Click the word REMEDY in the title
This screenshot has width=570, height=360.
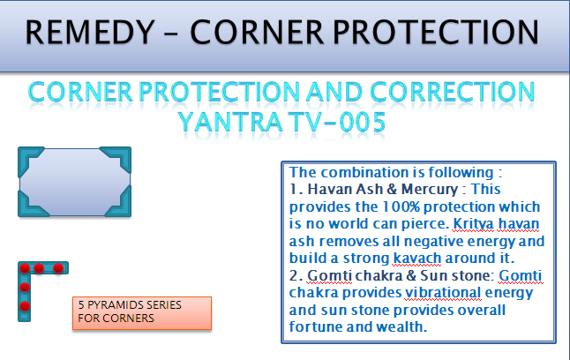click(x=90, y=32)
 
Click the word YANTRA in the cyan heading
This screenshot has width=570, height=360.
click(x=230, y=122)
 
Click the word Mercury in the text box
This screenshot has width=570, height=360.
click(x=430, y=190)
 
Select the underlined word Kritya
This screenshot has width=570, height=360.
click(x=473, y=224)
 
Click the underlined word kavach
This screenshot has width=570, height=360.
click(x=417, y=259)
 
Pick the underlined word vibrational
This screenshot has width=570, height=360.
click(x=443, y=292)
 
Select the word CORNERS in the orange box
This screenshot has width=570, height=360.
click(x=128, y=319)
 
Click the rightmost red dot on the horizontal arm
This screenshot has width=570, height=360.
click(x=58, y=268)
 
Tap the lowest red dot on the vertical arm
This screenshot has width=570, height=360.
click(x=25, y=306)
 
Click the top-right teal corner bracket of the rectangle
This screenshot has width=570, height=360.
click(x=119, y=157)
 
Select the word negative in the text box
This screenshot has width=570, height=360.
click(x=434, y=242)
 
